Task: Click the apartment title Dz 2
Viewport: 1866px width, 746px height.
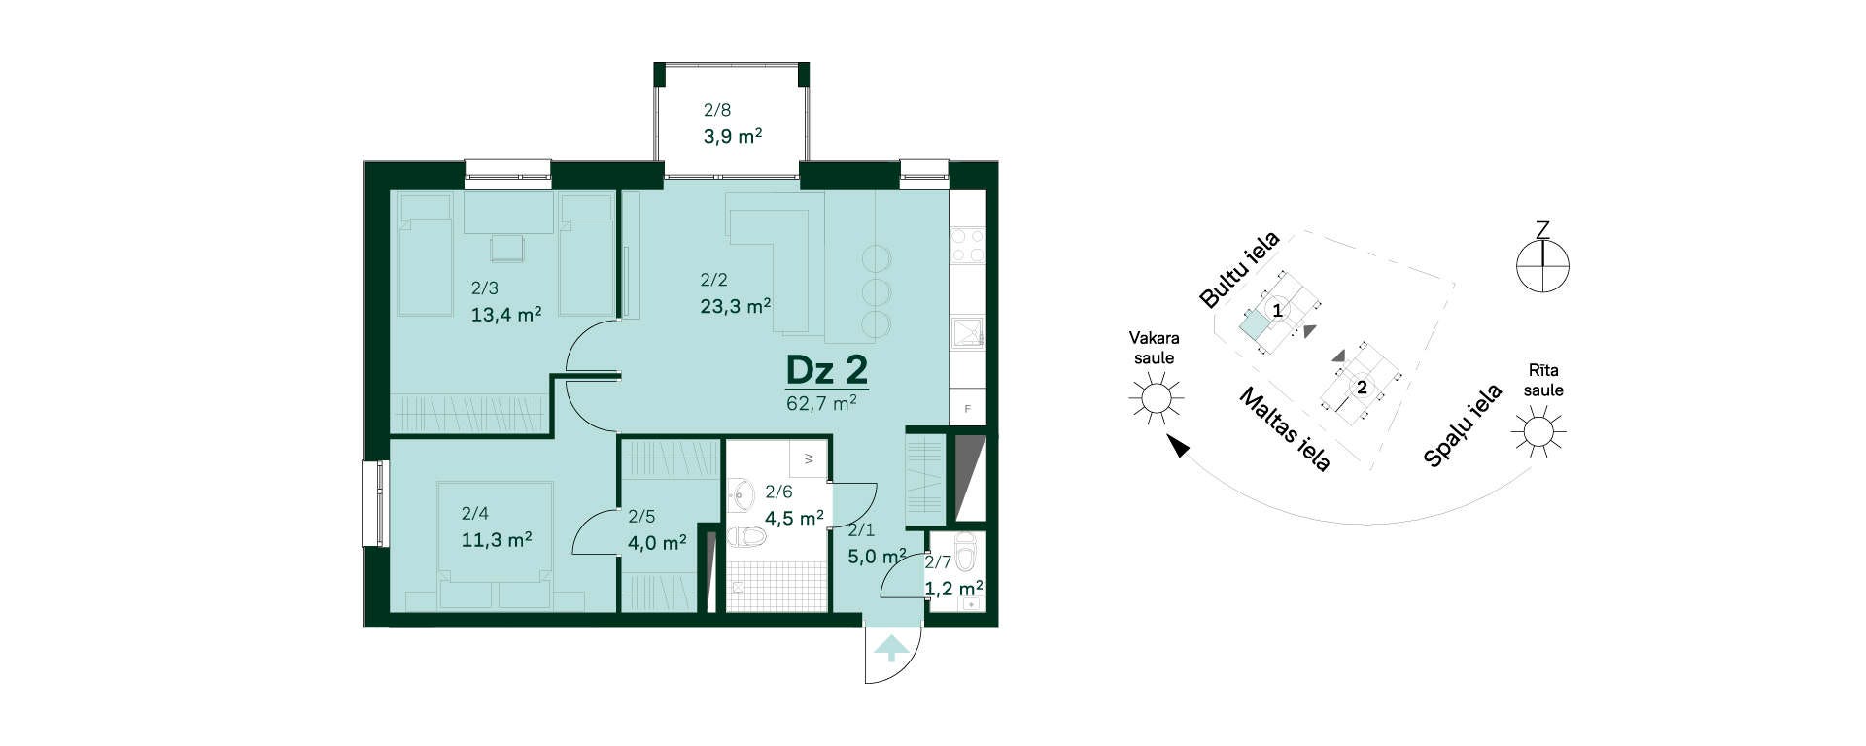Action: (x=826, y=370)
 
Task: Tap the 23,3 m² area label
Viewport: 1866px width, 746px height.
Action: (x=736, y=306)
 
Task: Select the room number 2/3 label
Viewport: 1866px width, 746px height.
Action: (x=485, y=288)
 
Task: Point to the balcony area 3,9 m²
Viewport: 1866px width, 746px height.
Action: (x=733, y=136)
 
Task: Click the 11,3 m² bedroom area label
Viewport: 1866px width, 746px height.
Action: (x=496, y=539)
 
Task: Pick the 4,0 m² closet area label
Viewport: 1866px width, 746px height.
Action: (x=657, y=542)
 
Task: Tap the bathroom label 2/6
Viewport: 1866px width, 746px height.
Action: (x=778, y=492)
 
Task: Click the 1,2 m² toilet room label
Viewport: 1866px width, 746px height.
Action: (x=953, y=589)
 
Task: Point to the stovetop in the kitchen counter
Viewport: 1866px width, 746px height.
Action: (x=968, y=245)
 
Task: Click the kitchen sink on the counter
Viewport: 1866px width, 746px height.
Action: (x=967, y=332)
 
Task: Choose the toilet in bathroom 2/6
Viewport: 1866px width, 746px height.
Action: (x=749, y=537)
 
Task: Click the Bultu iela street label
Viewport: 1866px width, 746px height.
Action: (x=1240, y=269)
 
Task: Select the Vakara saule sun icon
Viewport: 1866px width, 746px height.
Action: (x=1155, y=398)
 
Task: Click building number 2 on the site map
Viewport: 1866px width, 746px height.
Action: (x=1362, y=388)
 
